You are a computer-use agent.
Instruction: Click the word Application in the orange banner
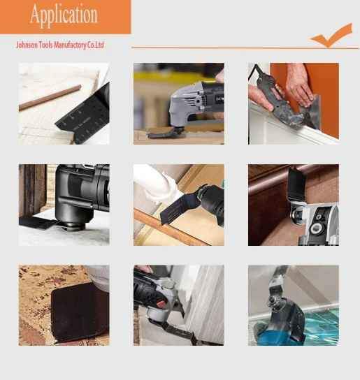[x=64, y=15]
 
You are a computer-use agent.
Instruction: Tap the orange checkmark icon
[x=332, y=36]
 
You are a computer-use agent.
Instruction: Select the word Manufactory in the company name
[x=70, y=45]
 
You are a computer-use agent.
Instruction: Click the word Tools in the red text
[x=45, y=45]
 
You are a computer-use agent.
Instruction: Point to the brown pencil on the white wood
[x=50, y=97]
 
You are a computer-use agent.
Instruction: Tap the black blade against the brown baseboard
[x=296, y=185]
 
